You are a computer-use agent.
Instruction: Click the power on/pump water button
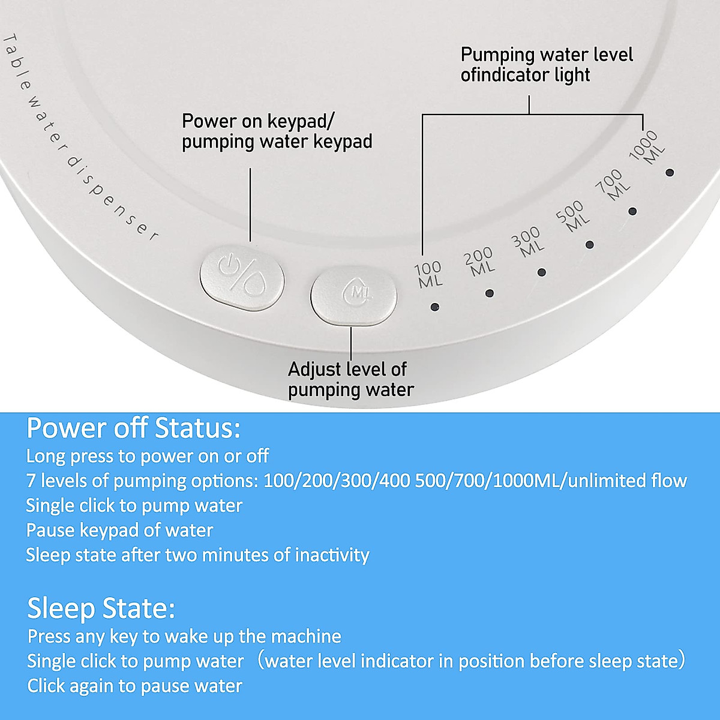[x=242, y=280]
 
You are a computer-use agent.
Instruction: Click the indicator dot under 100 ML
[x=435, y=307]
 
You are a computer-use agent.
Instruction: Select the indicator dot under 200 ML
[x=490, y=293]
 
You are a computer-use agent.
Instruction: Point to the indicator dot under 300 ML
[x=542, y=272]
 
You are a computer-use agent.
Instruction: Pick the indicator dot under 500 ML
[x=590, y=245]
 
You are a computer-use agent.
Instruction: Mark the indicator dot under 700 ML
[x=632, y=211]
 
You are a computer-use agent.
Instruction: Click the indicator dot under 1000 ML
[x=670, y=173]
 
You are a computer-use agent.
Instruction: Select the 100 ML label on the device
[x=429, y=274]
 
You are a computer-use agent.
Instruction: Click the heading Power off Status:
[x=133, y=428]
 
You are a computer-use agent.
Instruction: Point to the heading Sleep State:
[x=101, y=608]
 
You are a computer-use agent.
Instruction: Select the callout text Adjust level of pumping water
[x=350, y=379]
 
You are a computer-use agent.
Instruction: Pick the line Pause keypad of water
[x=119, y=530]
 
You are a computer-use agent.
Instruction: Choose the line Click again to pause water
[x=135, y=686]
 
